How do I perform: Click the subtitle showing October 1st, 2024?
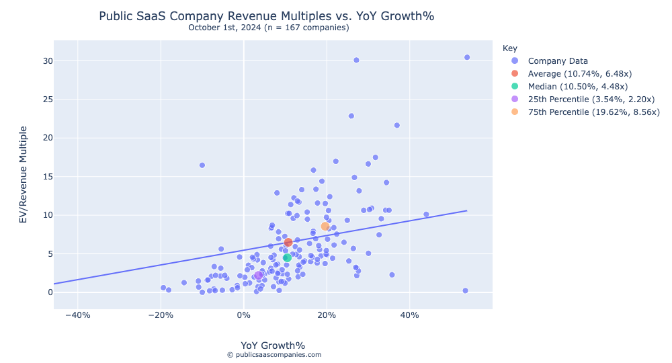(x=268, y=28)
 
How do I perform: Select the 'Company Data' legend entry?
(x=558, y=61)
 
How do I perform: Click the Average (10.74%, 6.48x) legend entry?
(x=579, y=74)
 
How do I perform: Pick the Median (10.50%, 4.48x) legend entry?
(x=577, y=87)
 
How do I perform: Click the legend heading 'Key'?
(x=509, y=48)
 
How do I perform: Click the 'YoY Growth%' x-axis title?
(x=273, y=346)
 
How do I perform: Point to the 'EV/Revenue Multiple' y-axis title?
(x=24, y=175)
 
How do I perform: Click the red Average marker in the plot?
(x=288, y=242)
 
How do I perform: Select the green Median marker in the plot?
(x=287, y=257)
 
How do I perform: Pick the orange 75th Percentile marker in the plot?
(x=325, y=227)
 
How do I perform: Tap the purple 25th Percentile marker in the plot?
(x=258, y=275)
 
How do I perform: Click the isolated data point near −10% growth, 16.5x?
(x=202, y=165)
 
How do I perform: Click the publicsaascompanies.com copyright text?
(x=274, y=355)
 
